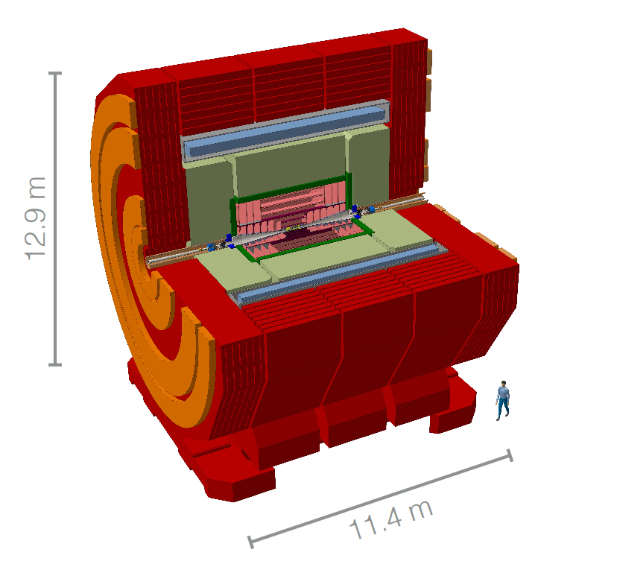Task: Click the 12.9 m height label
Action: pyautogui.click(x=36, y=218)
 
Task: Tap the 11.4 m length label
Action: pyautogui.click(x=391, y=520)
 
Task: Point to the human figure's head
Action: pyautogui.click(x=503, y=384)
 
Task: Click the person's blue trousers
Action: pyautogui.click(x=502, y=408)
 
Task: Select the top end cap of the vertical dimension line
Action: pyautogui.click(x=55, y=73)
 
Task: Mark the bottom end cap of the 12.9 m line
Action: pyautogui.click(x=55, y=365)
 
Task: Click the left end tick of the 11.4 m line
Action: pyautogui.click(x=250, y=542)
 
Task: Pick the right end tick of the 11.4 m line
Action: pyautogui.click(x=510, y=455)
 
